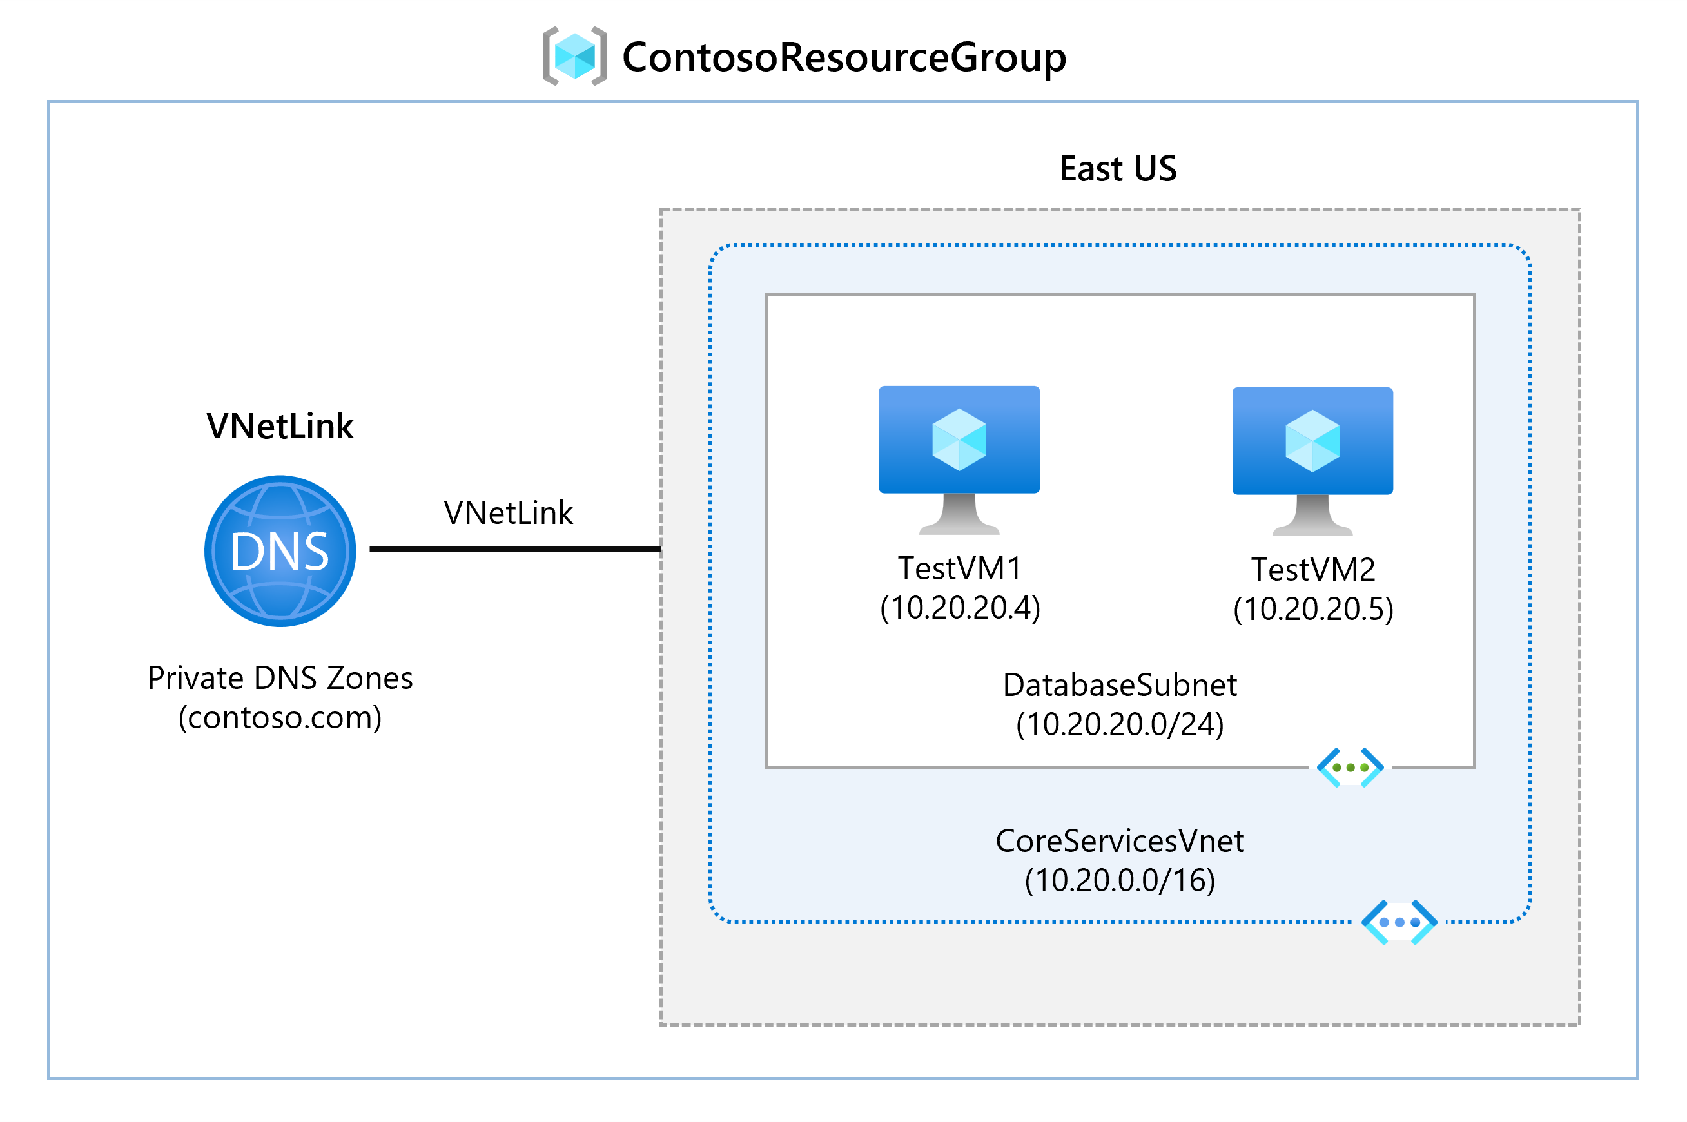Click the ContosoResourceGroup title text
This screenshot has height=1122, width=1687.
pos(843,57)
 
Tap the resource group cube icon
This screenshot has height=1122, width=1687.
pos(575,57)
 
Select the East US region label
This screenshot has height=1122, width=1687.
pos(1117,169)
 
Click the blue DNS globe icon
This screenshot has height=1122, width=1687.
pos(280,551)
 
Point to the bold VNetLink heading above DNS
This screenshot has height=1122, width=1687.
pos(280,427)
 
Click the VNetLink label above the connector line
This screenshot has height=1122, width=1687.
pos(508,513)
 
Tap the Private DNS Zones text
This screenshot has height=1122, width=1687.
pos(280,677)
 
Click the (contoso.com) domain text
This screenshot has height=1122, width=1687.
pos(280,718)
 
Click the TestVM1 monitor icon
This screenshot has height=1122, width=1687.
pos(959,458)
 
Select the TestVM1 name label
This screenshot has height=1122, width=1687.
pos(959,568)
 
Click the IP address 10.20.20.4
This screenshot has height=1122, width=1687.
pos(959,608)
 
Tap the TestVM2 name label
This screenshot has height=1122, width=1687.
pos(1312,570)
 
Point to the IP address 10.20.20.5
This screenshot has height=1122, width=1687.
pos(1312,610)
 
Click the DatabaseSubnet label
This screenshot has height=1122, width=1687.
pos(1120,685)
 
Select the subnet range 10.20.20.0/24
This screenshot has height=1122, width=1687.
pos(1120,725)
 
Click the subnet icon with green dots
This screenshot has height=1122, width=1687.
pos(1350,768)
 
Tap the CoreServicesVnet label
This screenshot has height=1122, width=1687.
pos(1120,841)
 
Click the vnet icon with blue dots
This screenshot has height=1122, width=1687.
pos(1399,922)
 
